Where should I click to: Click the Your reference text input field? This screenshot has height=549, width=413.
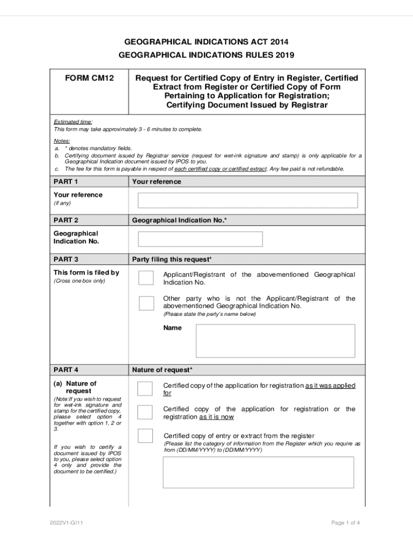247,200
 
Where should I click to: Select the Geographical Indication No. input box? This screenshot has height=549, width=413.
200,239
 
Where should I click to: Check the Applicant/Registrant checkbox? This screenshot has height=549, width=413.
146,278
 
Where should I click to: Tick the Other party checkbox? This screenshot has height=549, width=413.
146,303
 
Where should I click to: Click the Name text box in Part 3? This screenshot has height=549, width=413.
275,340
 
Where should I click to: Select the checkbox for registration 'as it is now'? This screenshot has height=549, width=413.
145,412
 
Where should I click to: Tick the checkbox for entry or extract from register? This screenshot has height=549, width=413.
145,435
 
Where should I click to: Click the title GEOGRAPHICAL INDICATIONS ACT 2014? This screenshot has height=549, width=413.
206,41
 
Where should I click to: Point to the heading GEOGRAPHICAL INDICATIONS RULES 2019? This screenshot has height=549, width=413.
206,55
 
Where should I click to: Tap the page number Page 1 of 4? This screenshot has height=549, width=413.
345,523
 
